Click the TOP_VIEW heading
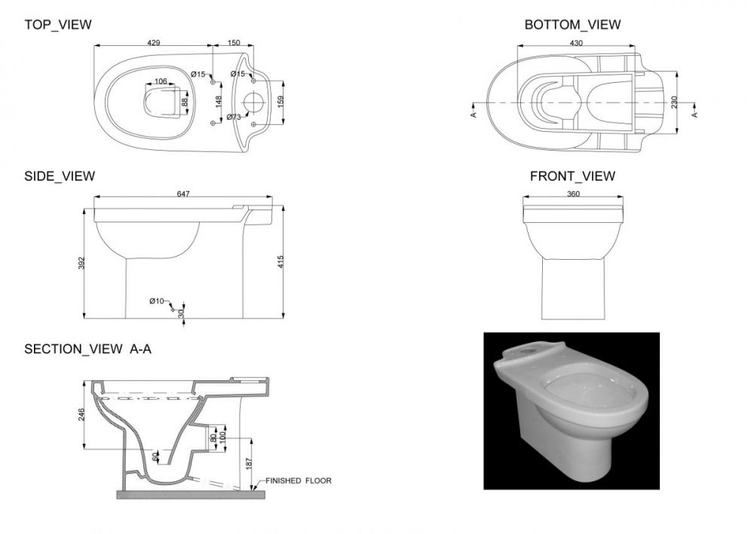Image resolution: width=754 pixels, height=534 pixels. coord(58,25)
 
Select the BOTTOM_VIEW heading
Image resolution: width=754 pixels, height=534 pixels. coord(572,25)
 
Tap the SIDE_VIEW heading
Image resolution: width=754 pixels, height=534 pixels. coord(60,176)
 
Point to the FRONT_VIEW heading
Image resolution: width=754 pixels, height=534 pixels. coord(572,176)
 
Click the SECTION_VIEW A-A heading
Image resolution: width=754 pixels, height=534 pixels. coord(88,349)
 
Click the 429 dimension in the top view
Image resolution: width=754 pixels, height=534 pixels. coord(153,43)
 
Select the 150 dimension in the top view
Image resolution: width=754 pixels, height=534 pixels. coord(234,43)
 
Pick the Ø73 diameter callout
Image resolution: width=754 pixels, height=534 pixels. coord(234,117)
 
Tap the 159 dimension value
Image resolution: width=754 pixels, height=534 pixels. coord(280,102)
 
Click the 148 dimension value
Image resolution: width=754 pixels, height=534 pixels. coord(219,102)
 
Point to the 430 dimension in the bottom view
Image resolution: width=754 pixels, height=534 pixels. coord(576,43)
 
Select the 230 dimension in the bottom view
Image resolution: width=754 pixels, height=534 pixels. coord(674,102)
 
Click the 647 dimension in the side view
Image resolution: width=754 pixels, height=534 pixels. coord(183,194)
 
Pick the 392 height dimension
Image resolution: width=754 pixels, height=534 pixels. coord(81,263)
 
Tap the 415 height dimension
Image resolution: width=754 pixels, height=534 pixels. coord(280,261)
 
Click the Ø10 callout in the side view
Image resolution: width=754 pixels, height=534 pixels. coord(156,301)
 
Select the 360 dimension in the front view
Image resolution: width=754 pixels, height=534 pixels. coord(573,194)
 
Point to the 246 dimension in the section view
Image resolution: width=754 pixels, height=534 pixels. coord(81,414)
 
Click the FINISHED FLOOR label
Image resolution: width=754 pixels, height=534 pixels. coord(299,481)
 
